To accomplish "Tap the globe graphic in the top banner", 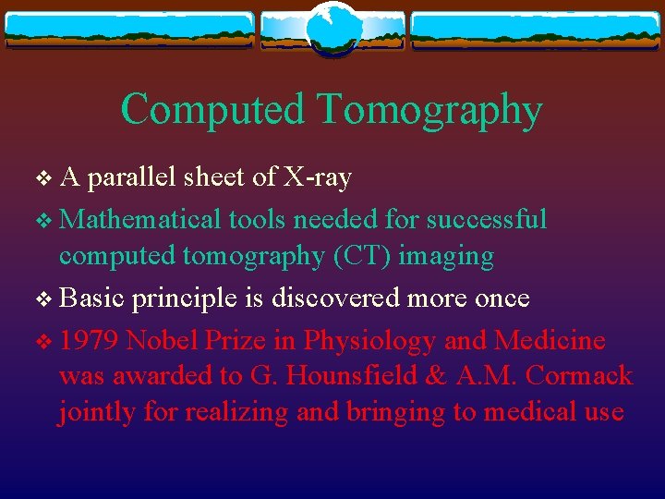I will (332, 28).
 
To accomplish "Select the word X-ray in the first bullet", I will (318, 177).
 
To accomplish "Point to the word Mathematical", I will (141, 219).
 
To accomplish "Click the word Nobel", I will (163, 341).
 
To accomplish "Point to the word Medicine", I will (550, 341).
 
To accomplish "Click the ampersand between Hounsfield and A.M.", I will (413, 375).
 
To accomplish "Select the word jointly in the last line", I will (97, 412).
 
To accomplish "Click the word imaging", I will (447, 256).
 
